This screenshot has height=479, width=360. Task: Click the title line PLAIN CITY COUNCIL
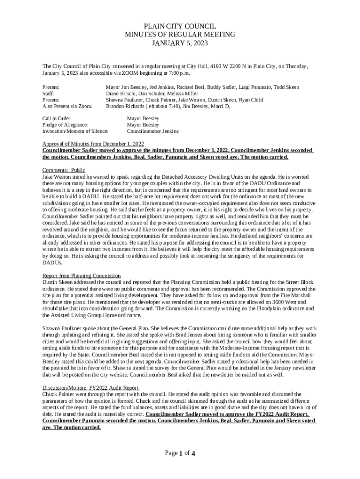click(x=180, y=27)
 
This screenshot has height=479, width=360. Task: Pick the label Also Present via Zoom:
click(x=67, y=106)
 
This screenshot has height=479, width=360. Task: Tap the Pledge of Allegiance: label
click(x=65, y=125)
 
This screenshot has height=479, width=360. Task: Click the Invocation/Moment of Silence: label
click(x=75, y=131)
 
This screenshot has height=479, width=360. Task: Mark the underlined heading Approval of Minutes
click(x=93, y=144)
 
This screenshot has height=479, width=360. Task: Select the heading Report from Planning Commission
click(x=81, y=276)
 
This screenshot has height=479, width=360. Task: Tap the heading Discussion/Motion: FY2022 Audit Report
click(x=91, y=388)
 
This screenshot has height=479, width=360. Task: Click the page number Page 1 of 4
click(x=180, y=453)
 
